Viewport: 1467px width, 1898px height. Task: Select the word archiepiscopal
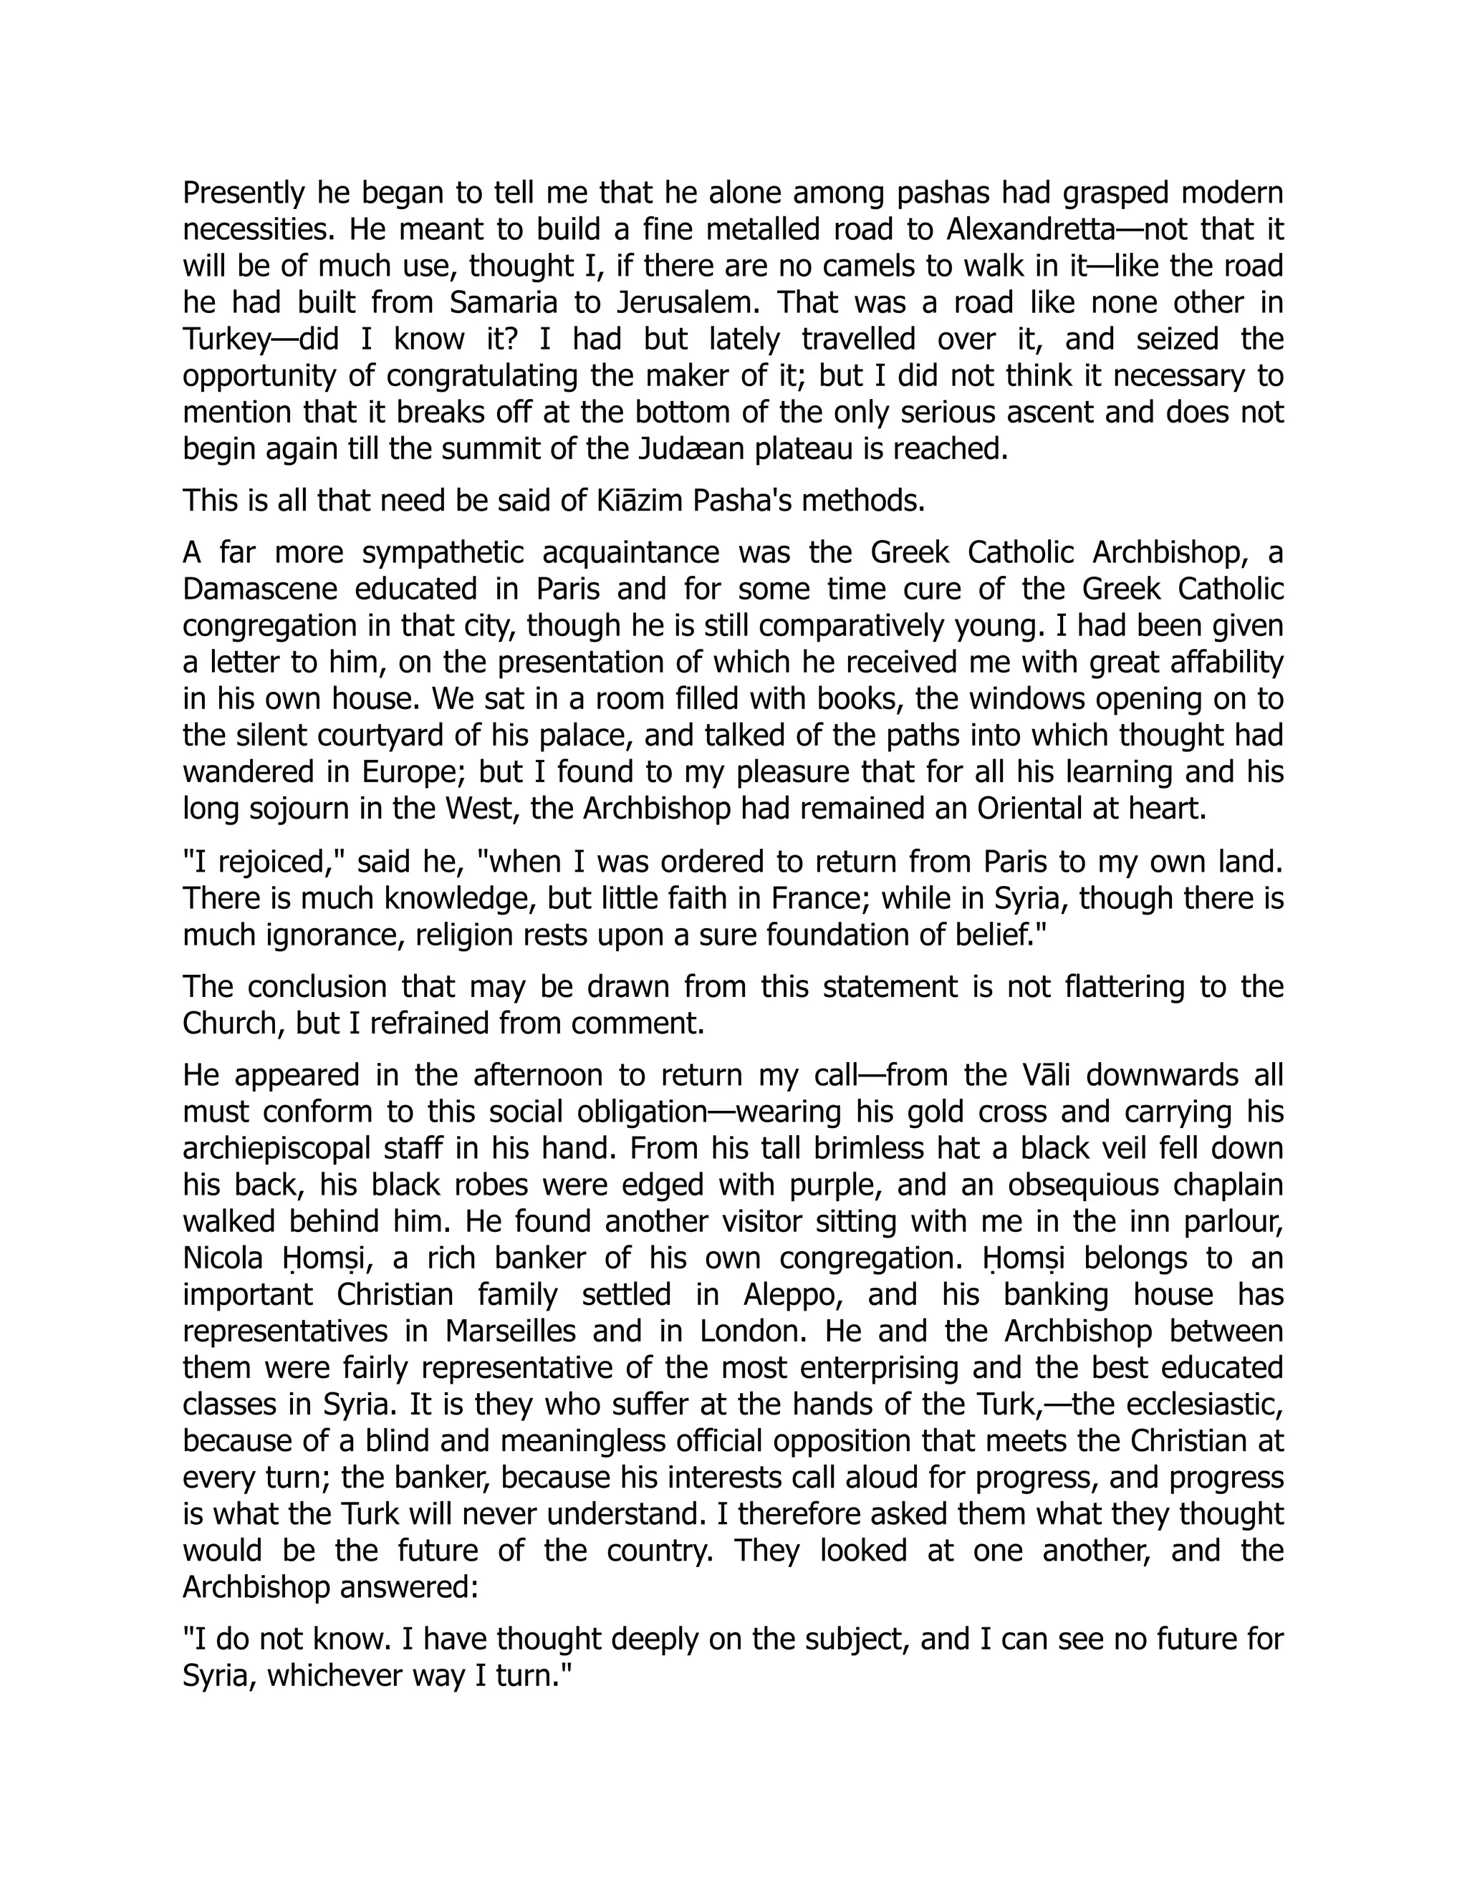(x=276, y=1148)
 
